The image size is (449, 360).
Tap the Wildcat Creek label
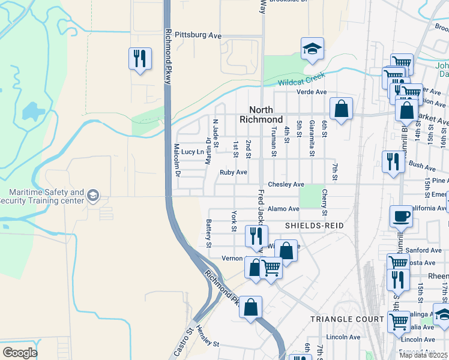pos(301,80)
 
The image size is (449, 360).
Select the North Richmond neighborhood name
pos(261,114)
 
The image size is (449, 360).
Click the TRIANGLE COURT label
pos(346,319)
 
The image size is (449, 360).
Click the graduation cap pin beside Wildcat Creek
pos(312,50)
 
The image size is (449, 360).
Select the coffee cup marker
pos(401,217)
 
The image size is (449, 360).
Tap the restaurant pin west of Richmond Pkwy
pos(140,59)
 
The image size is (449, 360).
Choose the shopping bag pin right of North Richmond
pos(341,110)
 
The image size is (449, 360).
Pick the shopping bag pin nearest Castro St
pos(250,307)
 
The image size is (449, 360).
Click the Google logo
pos(19,353)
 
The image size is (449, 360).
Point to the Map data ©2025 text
pos(423,355)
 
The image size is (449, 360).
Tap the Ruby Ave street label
pos(233,172)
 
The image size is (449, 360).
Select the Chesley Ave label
pos(286,184)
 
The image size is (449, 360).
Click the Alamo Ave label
pos(283,209)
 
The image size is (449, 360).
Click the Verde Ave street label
pos(312,92)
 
